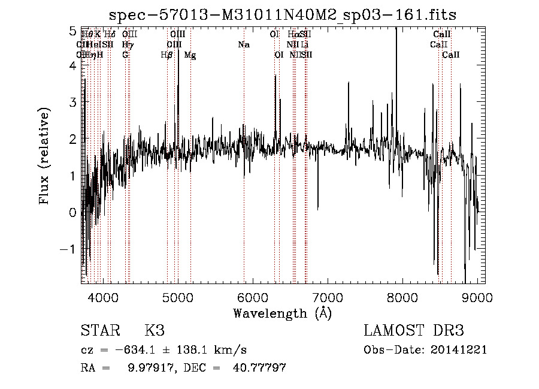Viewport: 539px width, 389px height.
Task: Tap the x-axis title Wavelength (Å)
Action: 282,313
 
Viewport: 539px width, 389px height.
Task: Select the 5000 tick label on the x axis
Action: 178,297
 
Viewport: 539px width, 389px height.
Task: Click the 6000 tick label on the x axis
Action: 253,297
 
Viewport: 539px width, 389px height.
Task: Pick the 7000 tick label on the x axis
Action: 328,297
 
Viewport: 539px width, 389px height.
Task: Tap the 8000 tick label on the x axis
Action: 402,297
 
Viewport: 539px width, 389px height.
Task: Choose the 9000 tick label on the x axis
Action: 477,297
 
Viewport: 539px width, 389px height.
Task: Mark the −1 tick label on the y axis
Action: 68,249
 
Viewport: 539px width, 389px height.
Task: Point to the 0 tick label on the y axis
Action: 72,212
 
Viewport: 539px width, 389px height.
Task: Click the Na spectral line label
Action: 244,45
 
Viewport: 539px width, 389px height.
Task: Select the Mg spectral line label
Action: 190,55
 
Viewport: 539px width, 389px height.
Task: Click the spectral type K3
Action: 154,331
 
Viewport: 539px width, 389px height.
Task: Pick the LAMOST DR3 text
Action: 414,331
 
